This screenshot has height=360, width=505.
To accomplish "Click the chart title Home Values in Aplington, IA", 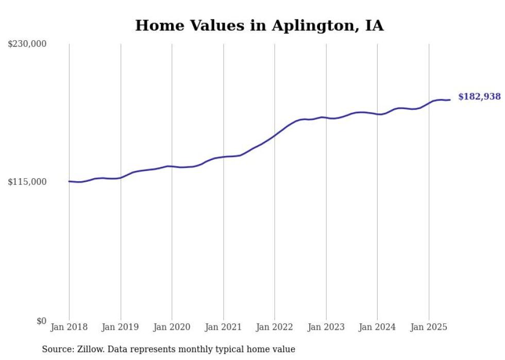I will [259, 26].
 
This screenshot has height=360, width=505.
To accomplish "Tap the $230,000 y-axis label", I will [27, 44].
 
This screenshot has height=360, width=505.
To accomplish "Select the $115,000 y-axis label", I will [27, 182].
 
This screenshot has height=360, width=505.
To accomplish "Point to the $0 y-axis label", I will [41, 321].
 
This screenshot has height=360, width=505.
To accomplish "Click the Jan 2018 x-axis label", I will [69, 327].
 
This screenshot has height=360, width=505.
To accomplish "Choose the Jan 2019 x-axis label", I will [121, 327].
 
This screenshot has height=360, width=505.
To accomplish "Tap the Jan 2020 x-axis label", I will [172, 327].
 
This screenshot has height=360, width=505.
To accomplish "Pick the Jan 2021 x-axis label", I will [223, 327].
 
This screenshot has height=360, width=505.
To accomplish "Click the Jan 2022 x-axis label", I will [275, 327].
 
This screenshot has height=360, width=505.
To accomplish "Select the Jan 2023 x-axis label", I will [326, 327].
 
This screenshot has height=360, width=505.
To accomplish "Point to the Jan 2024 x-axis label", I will [377, 327].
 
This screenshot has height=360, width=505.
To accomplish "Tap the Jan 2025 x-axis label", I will [429, 327].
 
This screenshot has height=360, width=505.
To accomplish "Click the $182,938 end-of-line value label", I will [479, 97].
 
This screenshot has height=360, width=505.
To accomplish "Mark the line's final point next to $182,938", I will [450, 100].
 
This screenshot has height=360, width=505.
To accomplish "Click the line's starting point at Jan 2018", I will [69, 181].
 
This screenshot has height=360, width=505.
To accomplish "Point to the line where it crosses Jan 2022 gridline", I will [275, 135].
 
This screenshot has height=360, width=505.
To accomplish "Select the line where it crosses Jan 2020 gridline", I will [172, 166].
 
